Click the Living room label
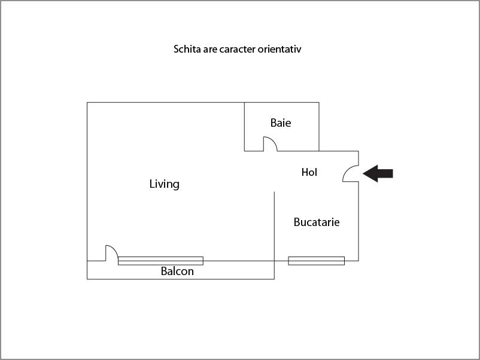pyautogui.click(x=165, y=184)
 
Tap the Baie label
pyautogui.click(x=281, y=123)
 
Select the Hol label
pyautogui.click(x=309, y=172)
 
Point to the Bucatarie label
pyautogui.click(x=317, y=222)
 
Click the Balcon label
pyautogui.click(x=177, y=271)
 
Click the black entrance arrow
pyautogui.click(x=378, y=173)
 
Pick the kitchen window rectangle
pyautogui.click(x=316, y=261)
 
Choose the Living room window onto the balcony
pyautogui.click(x=160, y=261)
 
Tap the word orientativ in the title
pyautogui.click(x=279, y=49)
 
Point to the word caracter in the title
pyautogui.click(x=237, y=49)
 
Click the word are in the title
pyautogui.click(x=210, y=50)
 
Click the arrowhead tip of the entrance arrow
pyautogui.click(x=363, y=173)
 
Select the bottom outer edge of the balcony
pyautogui.click(x=181, y=279)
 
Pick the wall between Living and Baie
pyautogui.click(x=244, y=127)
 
